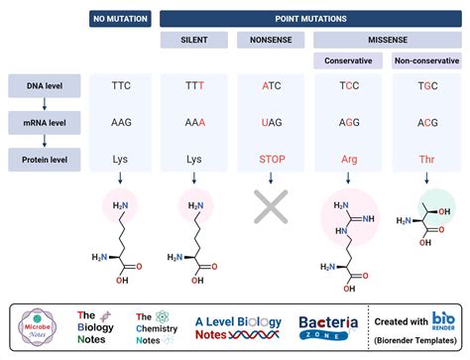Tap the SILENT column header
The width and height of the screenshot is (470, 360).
[x=193, y=39]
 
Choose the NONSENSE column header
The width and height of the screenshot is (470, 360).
[x=271, y=39]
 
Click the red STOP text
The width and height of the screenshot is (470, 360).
[x=272, y=157]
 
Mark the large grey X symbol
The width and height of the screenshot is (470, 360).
[x=272, y=210]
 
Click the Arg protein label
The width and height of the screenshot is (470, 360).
[x=348, y=157]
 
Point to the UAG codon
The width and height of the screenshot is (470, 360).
[x=272, y=121]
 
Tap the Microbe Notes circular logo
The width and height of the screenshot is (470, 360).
[x=43, y=325]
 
